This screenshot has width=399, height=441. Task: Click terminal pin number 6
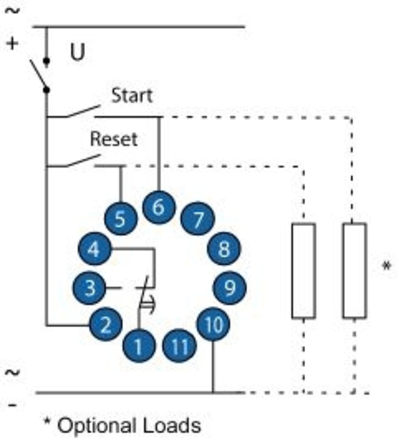coord(159,207)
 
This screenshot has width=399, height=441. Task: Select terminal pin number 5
coord(121,219)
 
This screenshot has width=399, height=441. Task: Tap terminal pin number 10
coord(213,324)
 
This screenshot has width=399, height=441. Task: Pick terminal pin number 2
coord(106,324)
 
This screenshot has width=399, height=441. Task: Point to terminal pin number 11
coord(179,346)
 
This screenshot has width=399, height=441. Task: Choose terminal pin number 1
coord(139,346)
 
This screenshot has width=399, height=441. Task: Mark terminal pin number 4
coord(95,249)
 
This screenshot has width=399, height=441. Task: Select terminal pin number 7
coord(198,219)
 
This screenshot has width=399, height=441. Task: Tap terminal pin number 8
coord(224,249)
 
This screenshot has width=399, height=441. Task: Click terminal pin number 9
coord(230,288)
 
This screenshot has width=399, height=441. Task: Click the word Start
coord(132,96)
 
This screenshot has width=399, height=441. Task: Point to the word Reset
coord(114,139)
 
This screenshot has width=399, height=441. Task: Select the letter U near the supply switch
coord(78,52)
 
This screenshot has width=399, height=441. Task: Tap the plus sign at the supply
coord(12,44)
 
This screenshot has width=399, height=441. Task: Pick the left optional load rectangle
coord(304,271)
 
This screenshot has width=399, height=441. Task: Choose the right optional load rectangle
coord(354,271)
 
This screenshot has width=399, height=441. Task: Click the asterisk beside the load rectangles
coord(387,266)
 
